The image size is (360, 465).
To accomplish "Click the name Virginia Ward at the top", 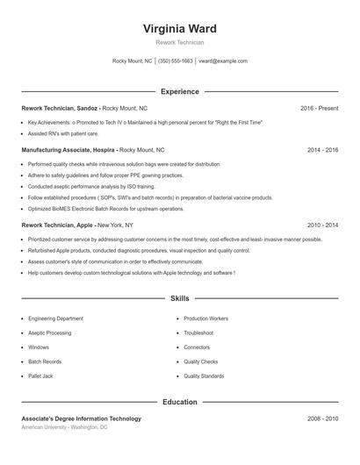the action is click(180, 29).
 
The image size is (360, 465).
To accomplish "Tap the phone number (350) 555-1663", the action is click(176, 61).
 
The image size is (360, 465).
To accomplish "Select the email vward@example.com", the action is click(223, 61).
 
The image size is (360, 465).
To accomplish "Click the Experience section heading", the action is click(180, 91).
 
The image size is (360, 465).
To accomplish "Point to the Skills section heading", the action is click(180, 299).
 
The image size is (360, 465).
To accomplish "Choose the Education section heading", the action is click(180, 403).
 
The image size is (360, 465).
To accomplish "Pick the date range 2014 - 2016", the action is click(323, 150).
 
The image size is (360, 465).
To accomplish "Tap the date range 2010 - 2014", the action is click(323, 225).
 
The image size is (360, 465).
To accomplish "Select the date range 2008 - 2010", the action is click(323, 419).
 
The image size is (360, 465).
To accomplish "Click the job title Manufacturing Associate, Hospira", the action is click(68, 150).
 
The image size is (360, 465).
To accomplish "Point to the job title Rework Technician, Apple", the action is click(58, 225).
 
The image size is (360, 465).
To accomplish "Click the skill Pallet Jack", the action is click(40, 376).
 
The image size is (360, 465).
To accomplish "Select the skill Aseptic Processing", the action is click(49, 333).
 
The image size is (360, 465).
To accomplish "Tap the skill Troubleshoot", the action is click(198, 333).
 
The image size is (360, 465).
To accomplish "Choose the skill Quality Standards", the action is click(204, 376).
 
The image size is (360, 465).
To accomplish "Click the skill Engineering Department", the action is click(55, 318).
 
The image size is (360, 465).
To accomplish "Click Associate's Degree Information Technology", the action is click(81, 419).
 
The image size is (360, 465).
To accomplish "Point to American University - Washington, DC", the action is click(64, 427).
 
